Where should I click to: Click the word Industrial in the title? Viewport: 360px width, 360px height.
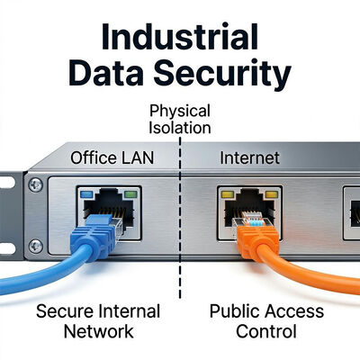click(180, 37)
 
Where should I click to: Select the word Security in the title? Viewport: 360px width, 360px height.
click(222, 75)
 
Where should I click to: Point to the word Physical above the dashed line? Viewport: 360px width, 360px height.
click(180, 112)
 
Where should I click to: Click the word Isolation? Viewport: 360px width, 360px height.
click(180, 128)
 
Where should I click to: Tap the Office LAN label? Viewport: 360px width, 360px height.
click(112, 158)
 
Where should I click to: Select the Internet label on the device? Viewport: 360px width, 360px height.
click(249, 158)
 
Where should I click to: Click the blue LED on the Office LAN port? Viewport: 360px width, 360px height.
click(86, 194)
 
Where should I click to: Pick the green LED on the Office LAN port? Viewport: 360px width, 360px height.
click(130, 194)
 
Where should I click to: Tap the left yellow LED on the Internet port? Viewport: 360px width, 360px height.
click(228, 194)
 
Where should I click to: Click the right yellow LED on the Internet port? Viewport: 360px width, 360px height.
click(272, 194)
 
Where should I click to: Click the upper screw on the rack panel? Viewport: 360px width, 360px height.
click(36, 185)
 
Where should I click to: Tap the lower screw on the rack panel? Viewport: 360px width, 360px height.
click(36, 247)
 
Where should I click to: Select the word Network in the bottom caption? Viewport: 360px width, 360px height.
click(99, 331)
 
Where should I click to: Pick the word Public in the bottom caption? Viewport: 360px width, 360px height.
click(230, 311)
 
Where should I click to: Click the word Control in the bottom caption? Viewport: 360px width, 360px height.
click(266, 331)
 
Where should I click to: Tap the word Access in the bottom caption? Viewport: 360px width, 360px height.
click(290, 311)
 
